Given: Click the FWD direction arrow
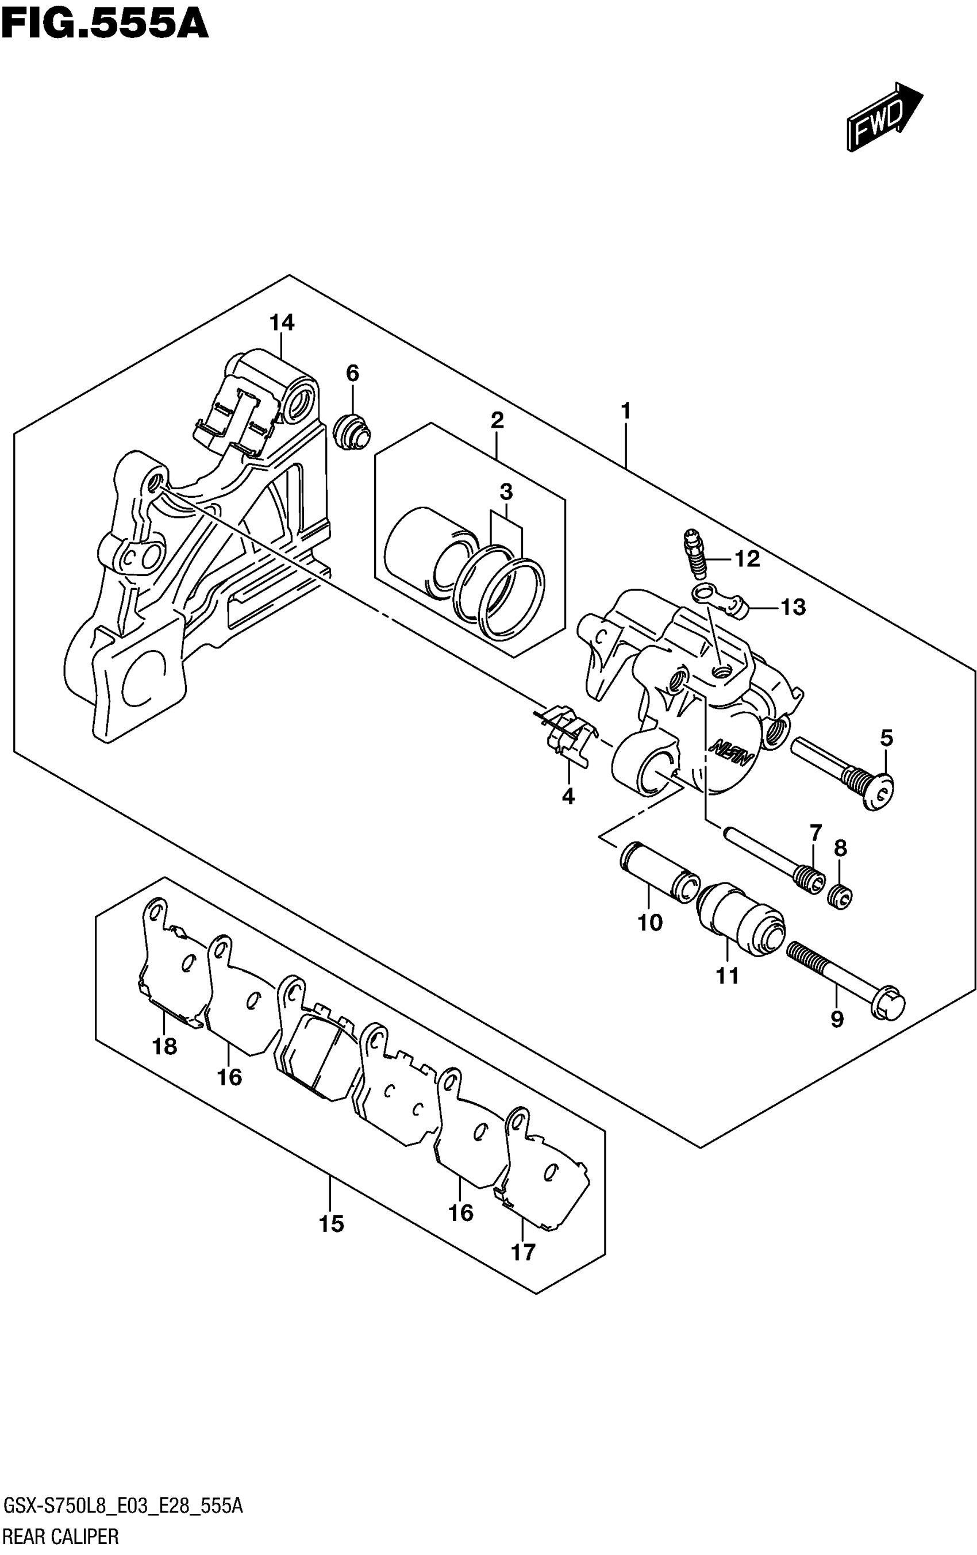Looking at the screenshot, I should pyautogui.click(x=884, y=117).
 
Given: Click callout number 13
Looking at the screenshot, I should pyautogui.click(x=793, y=607).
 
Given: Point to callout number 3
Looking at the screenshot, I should pyautogui.click(x=506, y=492).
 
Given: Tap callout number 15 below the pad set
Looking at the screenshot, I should pyautogui.click(x=331, y=1224).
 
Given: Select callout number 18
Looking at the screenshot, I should pyautogui.click(x=164, y=1046).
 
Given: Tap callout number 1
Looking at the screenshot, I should pyautogui.click(x=625, y=410).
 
